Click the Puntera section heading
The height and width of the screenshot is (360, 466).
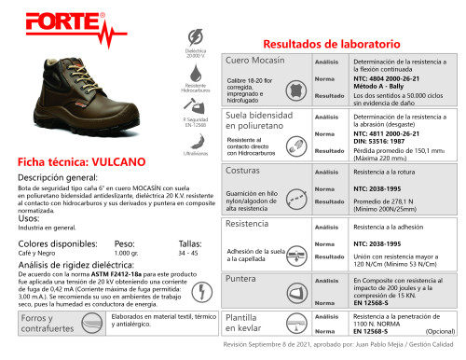point(243,279)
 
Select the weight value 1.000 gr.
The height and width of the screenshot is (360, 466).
point(127,253)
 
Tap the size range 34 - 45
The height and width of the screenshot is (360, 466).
point(189,253)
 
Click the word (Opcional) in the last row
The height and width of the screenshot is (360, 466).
point(440,331)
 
